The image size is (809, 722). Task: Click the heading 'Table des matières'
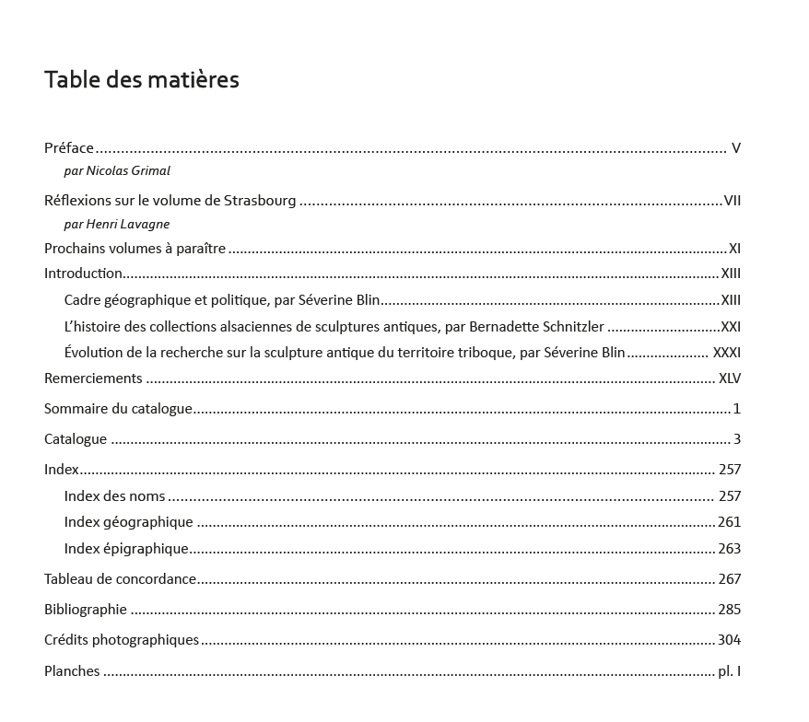pos(142,80)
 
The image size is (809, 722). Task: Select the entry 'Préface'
pos(69,147)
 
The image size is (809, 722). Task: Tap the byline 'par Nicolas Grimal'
pos(117,170)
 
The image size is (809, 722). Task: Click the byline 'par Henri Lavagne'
pos(117,224)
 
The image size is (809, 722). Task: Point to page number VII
pos(733,201)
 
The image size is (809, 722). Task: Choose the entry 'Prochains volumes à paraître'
pos(135,248)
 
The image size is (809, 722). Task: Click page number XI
pos(734,248)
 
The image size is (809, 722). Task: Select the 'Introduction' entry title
pos(83,273)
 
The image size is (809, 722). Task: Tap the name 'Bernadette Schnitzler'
pos(536,326)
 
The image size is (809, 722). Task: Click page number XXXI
pos(726,352)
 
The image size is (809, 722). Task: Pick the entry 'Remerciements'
pos(93,378)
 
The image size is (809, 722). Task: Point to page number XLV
pos(729,378)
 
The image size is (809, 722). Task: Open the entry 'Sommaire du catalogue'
pos(118,408)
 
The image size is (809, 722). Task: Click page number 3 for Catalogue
pos(737,438)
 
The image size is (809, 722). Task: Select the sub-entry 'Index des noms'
pos(114,495)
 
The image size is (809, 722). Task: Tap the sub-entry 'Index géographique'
pos(128,521)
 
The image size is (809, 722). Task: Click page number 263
pos(729,548)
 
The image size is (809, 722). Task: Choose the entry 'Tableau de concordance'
pos(120,578)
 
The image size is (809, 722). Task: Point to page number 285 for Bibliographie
pos(729,609)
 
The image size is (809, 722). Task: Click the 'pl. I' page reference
pos(729,670)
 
